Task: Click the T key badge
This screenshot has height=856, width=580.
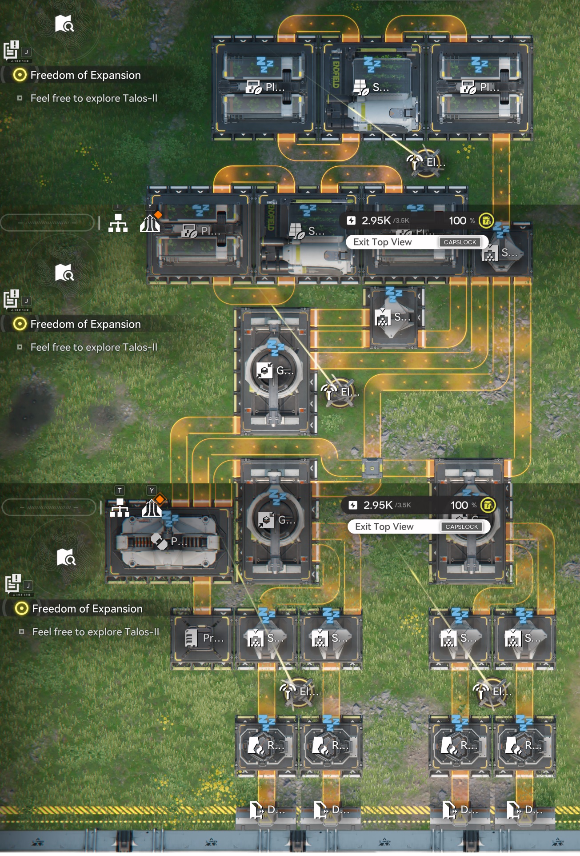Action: click(120, 490)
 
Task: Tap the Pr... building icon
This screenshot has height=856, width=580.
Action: click(191, 638)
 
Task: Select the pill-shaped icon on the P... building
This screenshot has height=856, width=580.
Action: click(159, 541)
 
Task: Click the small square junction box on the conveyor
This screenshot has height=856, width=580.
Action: click(372, 468)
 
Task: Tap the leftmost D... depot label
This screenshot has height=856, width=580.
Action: click(256, 810)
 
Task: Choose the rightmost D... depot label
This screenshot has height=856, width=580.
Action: click(514, 810)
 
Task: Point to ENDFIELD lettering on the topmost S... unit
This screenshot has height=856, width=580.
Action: click(336, 75)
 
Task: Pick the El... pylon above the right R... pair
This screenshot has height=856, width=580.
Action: click(482, 691)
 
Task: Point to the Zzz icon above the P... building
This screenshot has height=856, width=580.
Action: click(170, 519)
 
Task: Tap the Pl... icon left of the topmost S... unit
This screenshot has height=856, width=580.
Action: click(254, 87)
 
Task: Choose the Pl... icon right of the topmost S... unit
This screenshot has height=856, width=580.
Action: click(468, 87)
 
